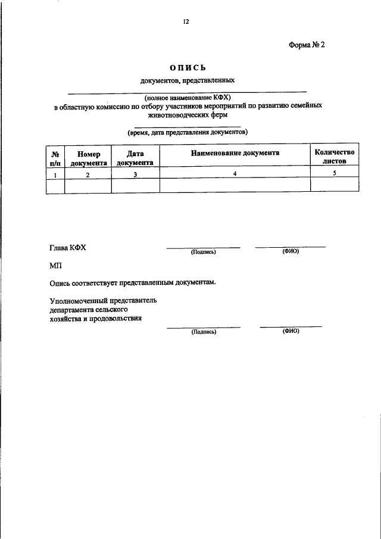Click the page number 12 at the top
(x=186, y=22)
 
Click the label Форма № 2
(x=307, y=45)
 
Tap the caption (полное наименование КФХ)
(x=187, y=96)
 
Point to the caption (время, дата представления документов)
(x=187, y=132)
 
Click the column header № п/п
(x=55, y=157)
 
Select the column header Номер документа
(x=88, y=157)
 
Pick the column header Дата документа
(x=135, y=157)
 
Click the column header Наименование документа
(x=235, y=153)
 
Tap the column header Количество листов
(x=335, y=156)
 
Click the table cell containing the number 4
(x=235, y=173)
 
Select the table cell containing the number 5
(x=335, y=173)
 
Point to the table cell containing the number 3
(x=135, y=173)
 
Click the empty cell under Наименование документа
(x=235, y=185)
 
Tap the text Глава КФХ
(x=68, y=248)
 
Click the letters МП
(x=55, y=266)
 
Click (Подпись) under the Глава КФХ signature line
(x=203, y=252)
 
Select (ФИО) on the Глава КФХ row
(x=291, y=251)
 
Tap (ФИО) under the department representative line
(x=291, y=331)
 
